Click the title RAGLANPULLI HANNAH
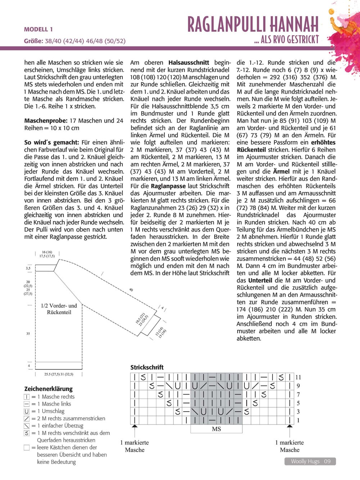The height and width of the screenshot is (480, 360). point(253,25)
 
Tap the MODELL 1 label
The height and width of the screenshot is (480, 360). point(39,30)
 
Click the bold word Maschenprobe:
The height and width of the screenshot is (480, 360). point(46,121)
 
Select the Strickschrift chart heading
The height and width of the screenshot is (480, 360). point(147,367)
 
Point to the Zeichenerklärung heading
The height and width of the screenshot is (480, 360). point(48,389)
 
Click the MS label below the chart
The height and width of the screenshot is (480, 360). point(216,429)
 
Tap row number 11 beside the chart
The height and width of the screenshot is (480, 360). point(298,377)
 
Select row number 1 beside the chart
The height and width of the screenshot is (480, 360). point(298,420)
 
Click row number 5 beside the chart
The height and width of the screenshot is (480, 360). point(298,403)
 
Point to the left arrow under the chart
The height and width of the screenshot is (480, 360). point(135,430)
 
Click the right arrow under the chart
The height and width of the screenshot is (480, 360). point(290,430)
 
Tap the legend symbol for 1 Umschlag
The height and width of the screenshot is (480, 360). point(27,411)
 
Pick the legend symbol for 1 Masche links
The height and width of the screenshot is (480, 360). point(27,404)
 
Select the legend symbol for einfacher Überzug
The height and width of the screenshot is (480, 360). point(27,426)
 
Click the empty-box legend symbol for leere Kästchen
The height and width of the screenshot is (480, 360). point(27,448)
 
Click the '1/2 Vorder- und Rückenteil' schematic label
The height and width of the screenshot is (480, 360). point(59,309)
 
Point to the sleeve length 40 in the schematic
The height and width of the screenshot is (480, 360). point(131,290)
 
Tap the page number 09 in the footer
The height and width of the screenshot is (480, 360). point(327,461)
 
